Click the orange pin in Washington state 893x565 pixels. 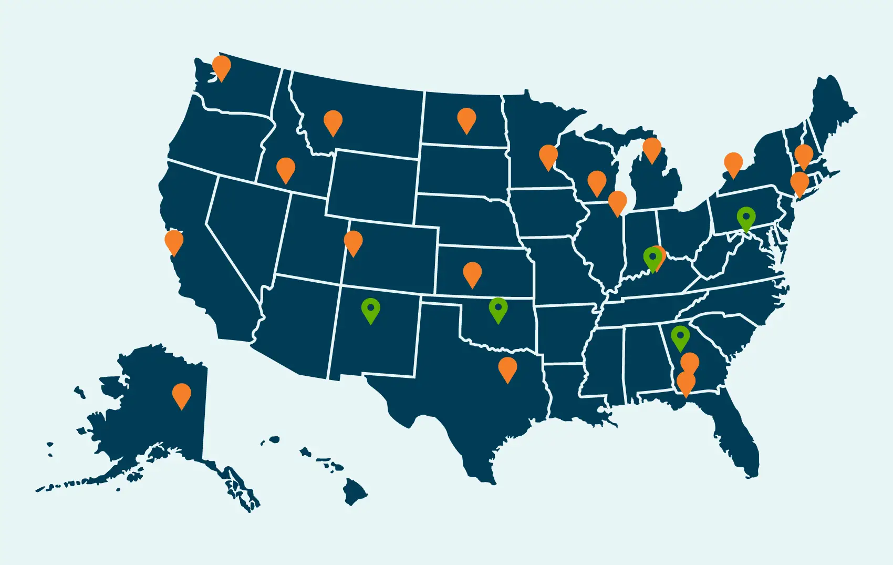(x=221, y=66)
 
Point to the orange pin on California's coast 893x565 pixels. (x=174, y=241)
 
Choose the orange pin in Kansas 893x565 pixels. (x=472, y=273)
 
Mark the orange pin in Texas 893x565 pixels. (x=507, y=367)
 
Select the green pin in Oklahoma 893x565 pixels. (x=498, y=308)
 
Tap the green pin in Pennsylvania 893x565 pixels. (x=746, y=217)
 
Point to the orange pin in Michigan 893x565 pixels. (x=652, y=148)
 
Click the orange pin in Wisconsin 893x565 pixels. (x=597, y=181)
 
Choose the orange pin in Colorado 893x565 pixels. (x=353, y=241)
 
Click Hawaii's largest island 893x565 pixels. (x=355, y=492)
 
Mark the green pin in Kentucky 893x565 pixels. (x=652, y=257)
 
